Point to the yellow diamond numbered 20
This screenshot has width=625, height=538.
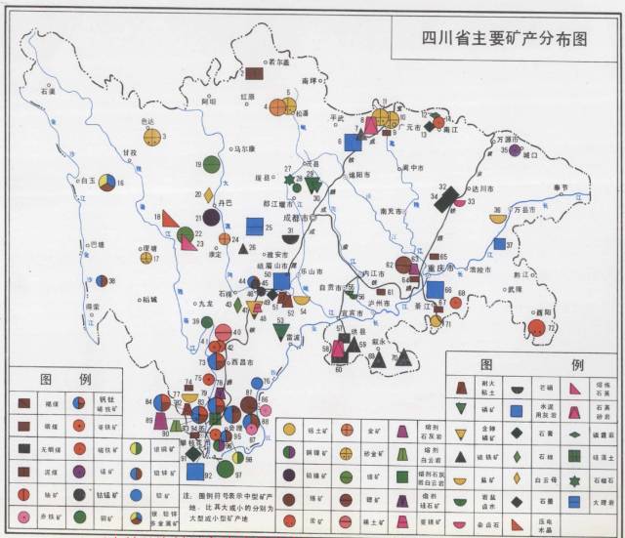pyautogui.click(x=208, y=195)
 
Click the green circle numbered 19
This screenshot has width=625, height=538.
pyautogui.click(x=211, y=165)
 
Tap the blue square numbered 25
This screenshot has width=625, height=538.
pyautogui.click(x=255, y=227)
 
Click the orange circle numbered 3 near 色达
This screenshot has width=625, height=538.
pyautogui.click(x=151, y=137)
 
